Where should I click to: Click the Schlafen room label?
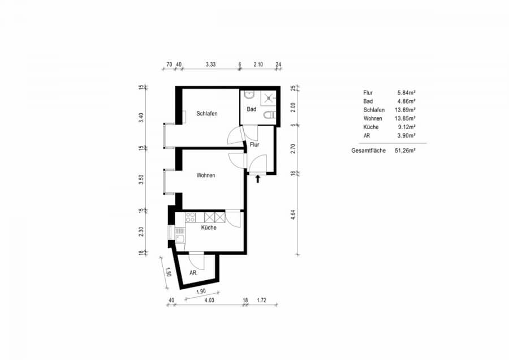[207, 113]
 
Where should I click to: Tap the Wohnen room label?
[205, 175]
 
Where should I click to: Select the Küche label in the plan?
[209, 228]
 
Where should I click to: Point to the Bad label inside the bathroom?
[251, 109]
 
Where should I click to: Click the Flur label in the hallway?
[255, 144]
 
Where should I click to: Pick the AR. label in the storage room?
[193, 273]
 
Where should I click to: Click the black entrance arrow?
[258, 179]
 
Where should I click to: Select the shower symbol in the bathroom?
[269, 97]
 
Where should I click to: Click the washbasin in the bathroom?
[249, 95]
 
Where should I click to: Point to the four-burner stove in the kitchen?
[191, 217]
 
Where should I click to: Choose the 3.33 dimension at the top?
[210, 65]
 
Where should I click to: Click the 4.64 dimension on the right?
[293, 215]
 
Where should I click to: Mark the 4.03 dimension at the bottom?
[209, 300]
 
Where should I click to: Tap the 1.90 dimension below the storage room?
[201, 292]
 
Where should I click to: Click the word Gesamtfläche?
[368, 151]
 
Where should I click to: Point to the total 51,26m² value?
[406, 151]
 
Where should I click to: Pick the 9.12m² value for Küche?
[407, 127]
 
